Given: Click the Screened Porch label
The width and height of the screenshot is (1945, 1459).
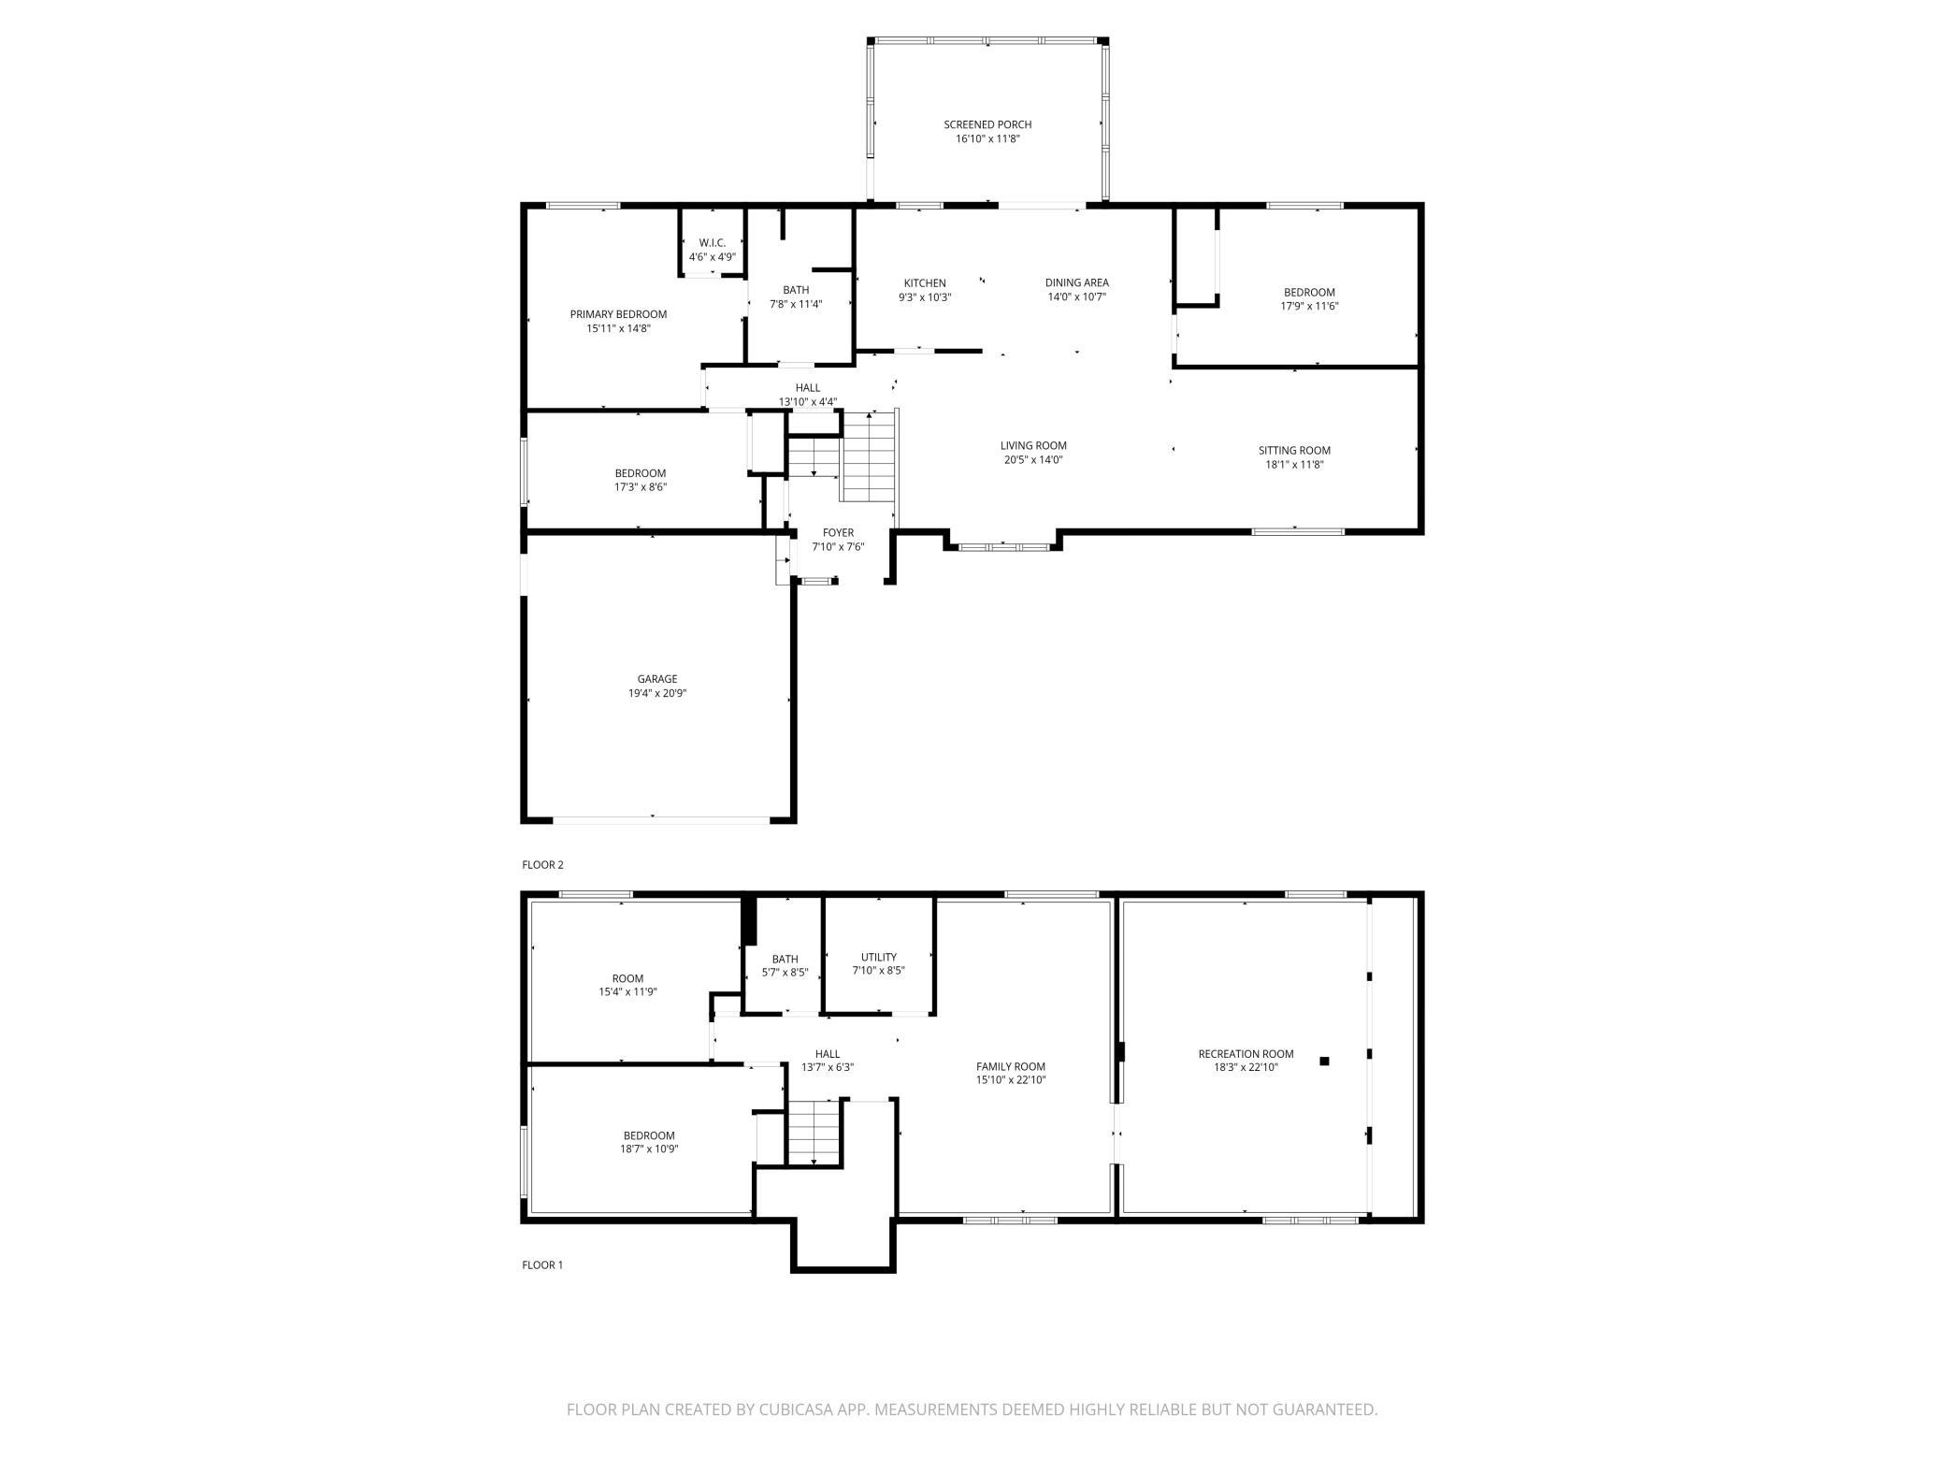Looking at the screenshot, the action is [x=987, y=124].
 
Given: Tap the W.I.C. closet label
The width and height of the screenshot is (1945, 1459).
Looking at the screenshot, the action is [x=713, y=243].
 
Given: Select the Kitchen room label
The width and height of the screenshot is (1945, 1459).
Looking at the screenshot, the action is [x=925, y=283].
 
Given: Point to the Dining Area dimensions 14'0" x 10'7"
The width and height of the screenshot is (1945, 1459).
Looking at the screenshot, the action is [x=1077, y=297].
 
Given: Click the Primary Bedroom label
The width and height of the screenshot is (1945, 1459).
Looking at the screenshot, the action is [x=618, y=314].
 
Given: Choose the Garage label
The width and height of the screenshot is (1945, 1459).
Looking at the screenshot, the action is [x=657, y=679].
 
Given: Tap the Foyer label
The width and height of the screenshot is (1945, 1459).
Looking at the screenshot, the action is [x=838, y=533].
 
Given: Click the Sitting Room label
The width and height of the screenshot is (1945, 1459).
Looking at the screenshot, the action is [x=1294, y=451].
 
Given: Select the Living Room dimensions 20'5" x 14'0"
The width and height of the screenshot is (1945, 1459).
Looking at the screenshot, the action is [x=1033, y=460].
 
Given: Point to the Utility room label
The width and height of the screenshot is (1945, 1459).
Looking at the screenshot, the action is [x=879, y=957].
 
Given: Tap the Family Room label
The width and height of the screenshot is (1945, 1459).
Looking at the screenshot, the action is [x=1011, y=1066].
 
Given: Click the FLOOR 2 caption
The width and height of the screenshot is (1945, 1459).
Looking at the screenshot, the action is [x=543, y=865].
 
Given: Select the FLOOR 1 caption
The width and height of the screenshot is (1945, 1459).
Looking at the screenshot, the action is [x=543, y=1265].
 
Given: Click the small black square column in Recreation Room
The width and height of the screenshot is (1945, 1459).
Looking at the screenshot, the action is [x=1324, y=1061].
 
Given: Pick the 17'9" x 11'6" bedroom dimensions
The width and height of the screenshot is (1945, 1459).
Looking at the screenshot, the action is [x=1309, y=306].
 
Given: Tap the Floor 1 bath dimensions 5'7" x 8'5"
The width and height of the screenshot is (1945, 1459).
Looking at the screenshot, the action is [x=785, y=972].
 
